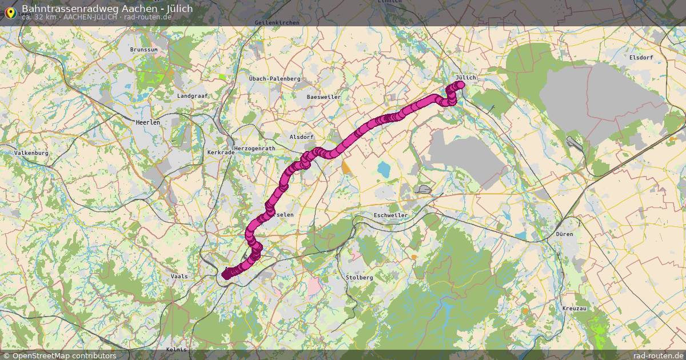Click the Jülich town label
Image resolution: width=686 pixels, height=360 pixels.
click(466, 77)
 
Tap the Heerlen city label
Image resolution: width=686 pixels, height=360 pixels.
click(147, 122)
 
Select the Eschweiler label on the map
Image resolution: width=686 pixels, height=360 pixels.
click(390, 215)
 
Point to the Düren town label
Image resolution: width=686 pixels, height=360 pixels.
click(564, 234)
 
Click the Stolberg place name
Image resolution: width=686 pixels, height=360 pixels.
click(359, 277)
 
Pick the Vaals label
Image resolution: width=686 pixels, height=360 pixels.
click(179, 276)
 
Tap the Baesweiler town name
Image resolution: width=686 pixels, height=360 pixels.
click(324, 97)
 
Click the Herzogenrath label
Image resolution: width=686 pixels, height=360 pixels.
click(255, 148)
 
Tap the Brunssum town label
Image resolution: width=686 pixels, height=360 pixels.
click(144, 50)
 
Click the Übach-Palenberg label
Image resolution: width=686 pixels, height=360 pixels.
click(274, 78)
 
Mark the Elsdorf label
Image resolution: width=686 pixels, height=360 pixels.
click(640, 58)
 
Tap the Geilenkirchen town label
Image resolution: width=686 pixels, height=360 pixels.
click(277, 22)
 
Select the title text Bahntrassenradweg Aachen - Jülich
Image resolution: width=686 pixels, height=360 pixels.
click(107, 9)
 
